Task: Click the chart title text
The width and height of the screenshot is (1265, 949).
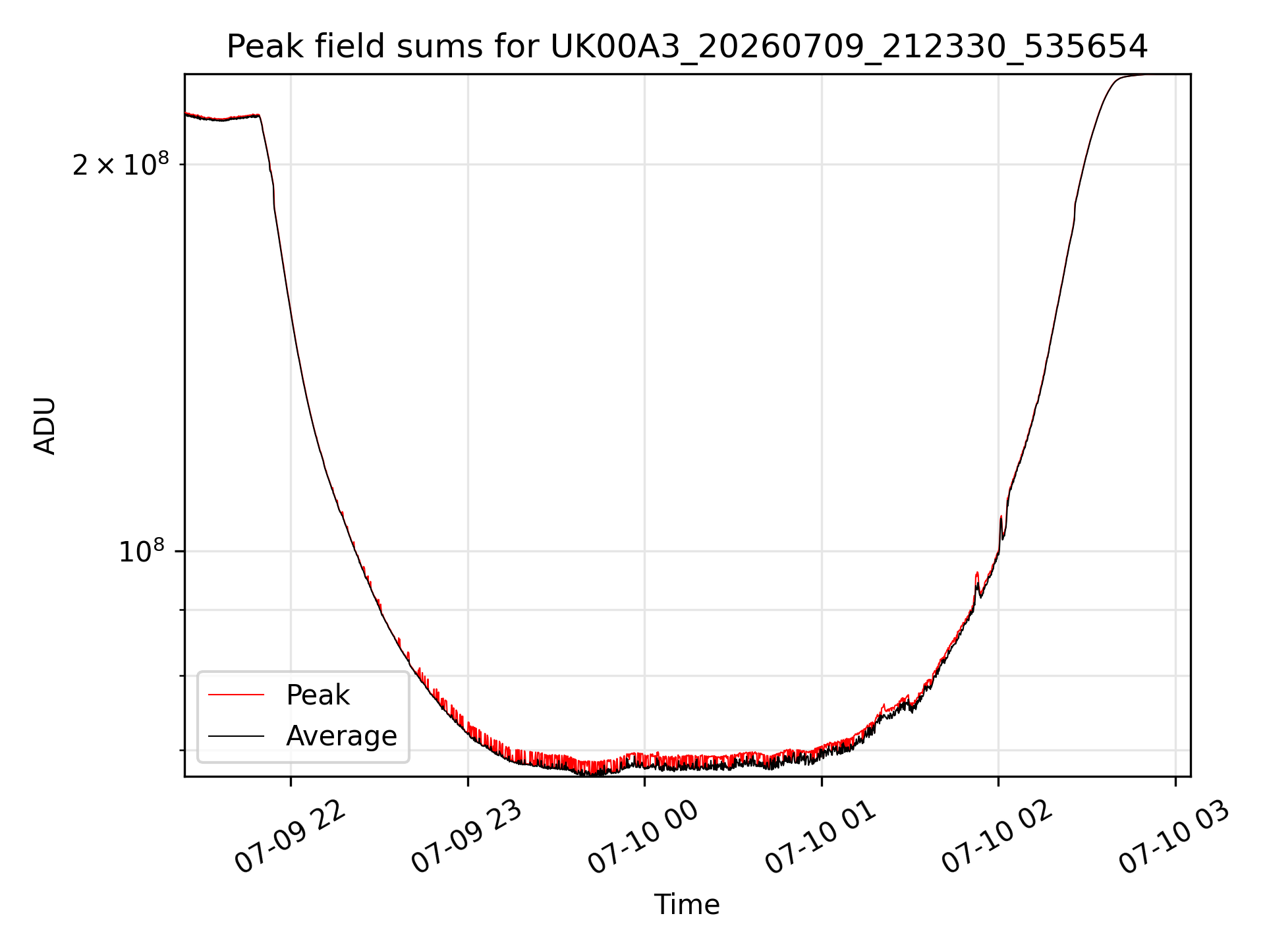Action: [x=687, y=47]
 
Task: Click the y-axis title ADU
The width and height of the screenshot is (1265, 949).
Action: [x=45, y=426]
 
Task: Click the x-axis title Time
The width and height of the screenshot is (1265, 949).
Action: [x=687, y=904]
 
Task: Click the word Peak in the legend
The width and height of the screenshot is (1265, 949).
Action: [x=318, y=695]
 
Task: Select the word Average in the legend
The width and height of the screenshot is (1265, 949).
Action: [x=341, y=736]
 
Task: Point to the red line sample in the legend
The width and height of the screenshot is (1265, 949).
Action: [x=236, y=695]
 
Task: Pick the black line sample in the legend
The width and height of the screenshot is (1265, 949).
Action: [x=236, y=736]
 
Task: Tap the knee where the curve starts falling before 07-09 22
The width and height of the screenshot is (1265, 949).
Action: [x=260, y=116]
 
